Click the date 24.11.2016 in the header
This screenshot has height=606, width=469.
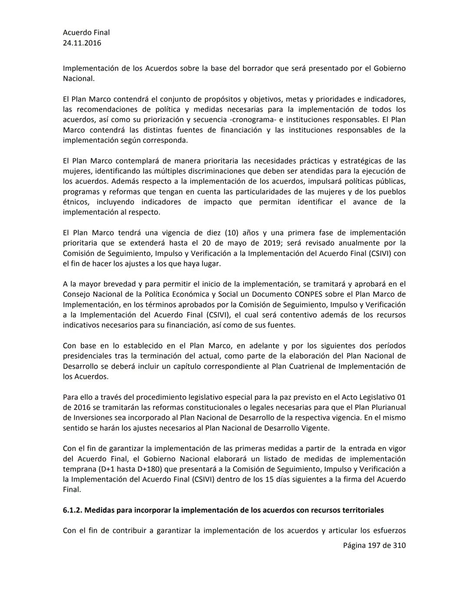[82, 43]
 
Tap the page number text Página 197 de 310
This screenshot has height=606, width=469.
[374, 545]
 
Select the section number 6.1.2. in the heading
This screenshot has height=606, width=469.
[72, 510]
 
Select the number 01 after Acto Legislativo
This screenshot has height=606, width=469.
[401, 397]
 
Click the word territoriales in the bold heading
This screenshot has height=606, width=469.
[360, 510]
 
